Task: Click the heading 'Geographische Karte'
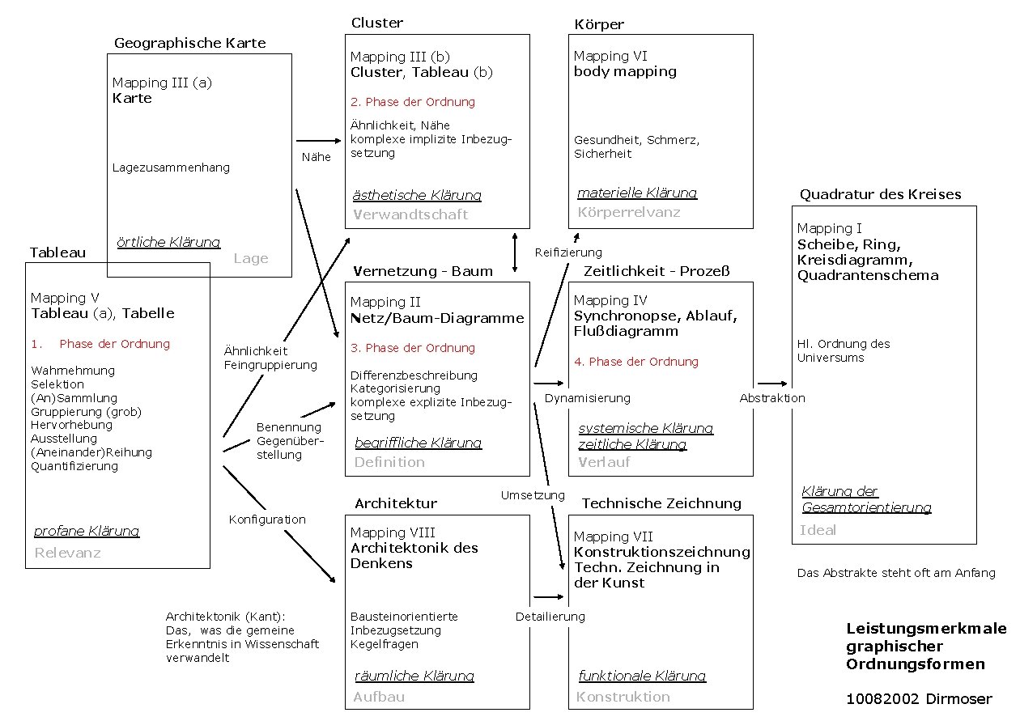[x=189, y=43]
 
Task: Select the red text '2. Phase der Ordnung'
[x=412, y=102]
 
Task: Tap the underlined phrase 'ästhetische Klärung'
[x=417, y=195]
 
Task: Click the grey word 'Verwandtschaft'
[x=410, y=214]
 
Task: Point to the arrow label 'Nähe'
[x=316, y=157]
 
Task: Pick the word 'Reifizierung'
[x=568, y=252]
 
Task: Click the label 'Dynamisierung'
[x=587, y=398]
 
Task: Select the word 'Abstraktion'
[x=772, y=398]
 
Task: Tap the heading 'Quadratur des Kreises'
[x=880, y=194]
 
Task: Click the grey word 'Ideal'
[x=818, y=530]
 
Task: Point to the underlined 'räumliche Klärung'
[x=414, y=676]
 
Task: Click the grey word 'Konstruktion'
[x=623, y=697]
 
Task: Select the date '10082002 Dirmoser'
[x=919, y=699]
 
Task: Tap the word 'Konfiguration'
[x=267, y=520]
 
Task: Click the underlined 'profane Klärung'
[x=87, y=531]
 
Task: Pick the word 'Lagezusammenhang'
[x=171, y=168]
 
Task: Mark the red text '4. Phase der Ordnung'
[x=636, y=362]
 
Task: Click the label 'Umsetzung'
[x=533, y=495]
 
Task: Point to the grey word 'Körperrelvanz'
[x=629, y=212]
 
